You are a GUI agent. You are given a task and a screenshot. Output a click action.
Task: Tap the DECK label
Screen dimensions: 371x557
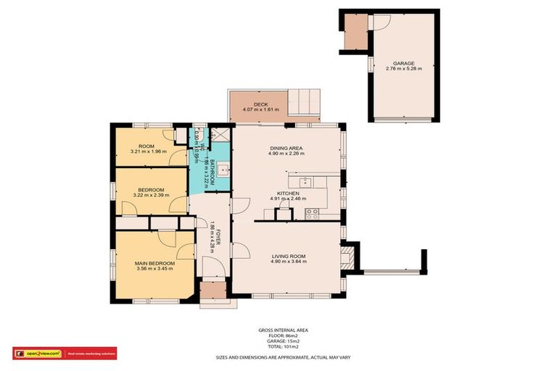tap(260, 104)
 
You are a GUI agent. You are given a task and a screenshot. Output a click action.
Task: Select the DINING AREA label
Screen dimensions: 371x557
tap(285, 148)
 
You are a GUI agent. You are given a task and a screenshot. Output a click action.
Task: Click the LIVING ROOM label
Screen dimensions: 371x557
tap(288, 256)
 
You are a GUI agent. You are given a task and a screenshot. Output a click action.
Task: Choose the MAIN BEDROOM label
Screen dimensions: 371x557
tap(154, 263)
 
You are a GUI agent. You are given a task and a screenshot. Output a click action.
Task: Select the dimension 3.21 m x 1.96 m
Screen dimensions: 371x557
tap(149, 151)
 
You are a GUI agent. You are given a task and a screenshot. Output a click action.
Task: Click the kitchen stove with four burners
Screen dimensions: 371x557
tap(313, 213)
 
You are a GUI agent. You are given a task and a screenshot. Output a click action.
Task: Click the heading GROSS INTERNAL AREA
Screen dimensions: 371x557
tap(278, 330)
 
